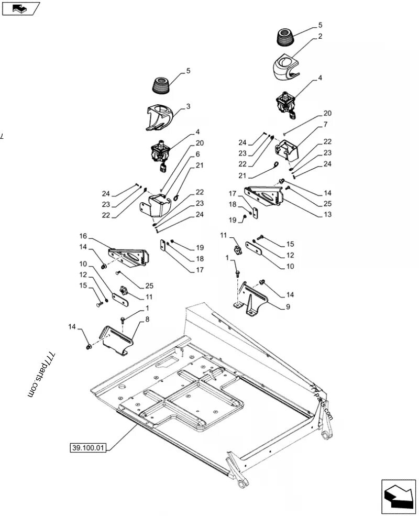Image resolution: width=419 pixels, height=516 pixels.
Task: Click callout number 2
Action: [320, 37]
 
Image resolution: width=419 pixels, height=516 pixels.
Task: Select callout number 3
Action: [188, 106]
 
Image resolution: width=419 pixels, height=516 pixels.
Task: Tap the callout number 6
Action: [183, 154]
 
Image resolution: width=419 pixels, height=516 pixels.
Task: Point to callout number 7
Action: [325, 125]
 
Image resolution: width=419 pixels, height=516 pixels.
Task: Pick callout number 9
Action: [288, 307]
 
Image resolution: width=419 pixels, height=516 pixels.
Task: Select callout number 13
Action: [327, 215]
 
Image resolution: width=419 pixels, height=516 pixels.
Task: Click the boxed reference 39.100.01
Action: [87, 448]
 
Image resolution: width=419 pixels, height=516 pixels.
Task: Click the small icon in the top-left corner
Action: [20, 8]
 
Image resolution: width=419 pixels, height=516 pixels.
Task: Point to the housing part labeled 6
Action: [156, 205]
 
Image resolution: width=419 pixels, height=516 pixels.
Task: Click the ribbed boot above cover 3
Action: [162, 86]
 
